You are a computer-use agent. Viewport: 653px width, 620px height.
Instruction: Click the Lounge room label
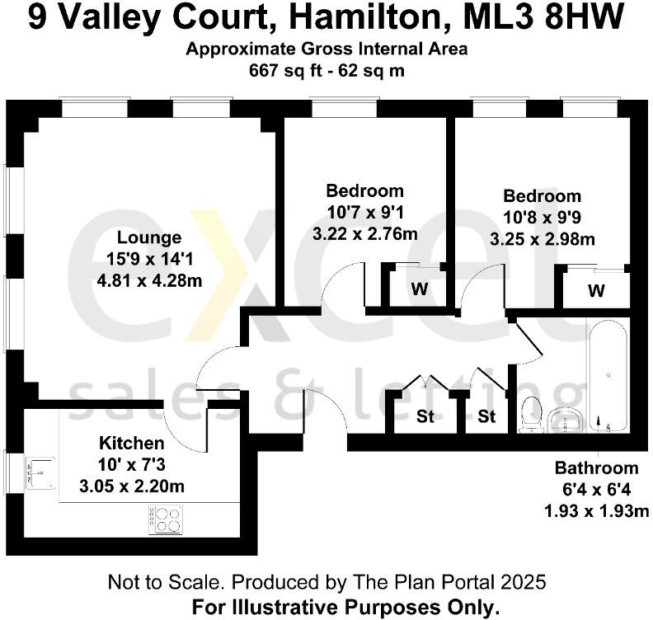coord(148,238)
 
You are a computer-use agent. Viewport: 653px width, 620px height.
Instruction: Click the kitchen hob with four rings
coord(166,519)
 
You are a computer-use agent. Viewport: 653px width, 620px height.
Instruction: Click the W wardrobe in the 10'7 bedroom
coord(419,289)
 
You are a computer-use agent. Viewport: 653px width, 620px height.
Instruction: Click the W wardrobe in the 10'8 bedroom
coord(597,291)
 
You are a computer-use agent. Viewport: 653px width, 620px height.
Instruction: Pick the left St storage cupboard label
coord(425,417)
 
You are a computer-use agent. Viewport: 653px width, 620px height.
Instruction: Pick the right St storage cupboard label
coord(487,417)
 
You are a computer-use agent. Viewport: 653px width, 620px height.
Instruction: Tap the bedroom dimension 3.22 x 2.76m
coord(364,233)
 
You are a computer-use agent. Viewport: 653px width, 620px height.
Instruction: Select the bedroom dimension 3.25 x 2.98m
coord(543,240)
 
